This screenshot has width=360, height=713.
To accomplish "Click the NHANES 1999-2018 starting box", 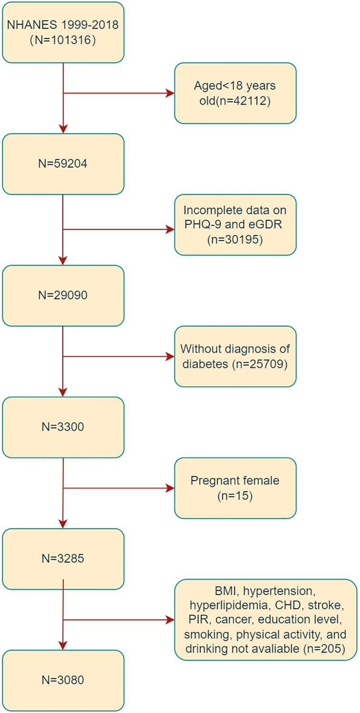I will pos(63,32).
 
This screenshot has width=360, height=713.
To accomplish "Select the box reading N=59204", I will pos(63,164).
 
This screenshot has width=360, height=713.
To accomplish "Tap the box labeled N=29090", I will pos(63,295).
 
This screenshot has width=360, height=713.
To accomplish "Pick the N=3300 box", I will pos(63,427).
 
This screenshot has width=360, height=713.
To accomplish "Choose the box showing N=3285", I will pos(63,558).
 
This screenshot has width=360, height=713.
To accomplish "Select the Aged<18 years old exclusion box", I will pos(235,93).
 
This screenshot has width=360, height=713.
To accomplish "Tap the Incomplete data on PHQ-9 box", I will pos(235,225).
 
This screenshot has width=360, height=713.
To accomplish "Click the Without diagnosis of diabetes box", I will pos(235,356).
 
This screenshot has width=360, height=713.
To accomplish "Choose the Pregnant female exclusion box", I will pos(235,488).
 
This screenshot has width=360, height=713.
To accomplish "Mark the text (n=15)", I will pos(235,496).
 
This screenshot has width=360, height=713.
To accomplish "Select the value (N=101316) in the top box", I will pos(63,40).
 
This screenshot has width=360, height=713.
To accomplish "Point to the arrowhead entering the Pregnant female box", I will pos(170,488).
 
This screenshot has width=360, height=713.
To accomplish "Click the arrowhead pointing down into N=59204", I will pos(63,129).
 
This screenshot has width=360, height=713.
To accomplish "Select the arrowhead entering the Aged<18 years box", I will pos(170,93).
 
